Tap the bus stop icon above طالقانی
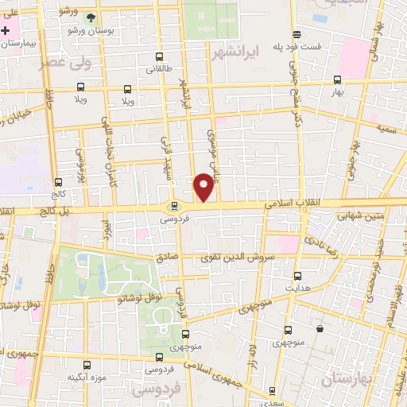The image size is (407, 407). tap(160, 56)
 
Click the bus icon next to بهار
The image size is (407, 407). tap(337, 79)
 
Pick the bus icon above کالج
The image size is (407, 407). tap(58, 182)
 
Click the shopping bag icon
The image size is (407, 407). tap(320, 328)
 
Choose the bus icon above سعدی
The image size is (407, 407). tap(273, 390)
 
